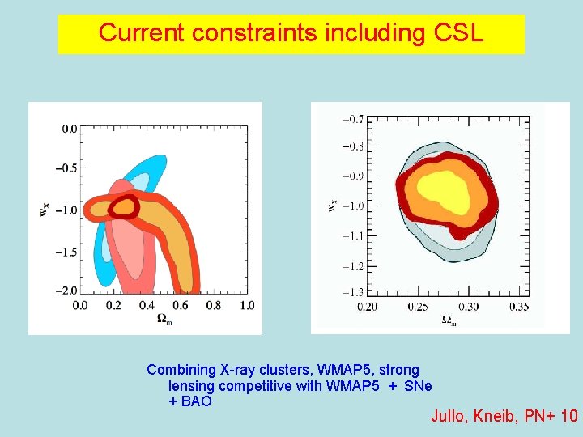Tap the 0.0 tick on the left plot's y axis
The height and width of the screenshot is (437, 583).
click(x=70, y=129)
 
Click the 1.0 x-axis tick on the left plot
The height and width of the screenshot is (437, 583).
click(x=247, y=305)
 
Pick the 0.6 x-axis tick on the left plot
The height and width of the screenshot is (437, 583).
click(x=180, y=305)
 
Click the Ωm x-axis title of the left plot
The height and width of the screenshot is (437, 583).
click(x=164, y=319)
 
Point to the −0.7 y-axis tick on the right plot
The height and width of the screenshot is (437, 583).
click(x=351, y=119)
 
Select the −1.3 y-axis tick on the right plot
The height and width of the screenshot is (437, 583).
click(x=351, y=292)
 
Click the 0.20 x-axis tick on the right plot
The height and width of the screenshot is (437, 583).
click(x=367, y=307)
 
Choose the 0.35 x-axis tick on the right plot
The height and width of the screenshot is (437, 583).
click(x=519, y=307)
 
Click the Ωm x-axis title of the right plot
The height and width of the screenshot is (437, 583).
click(x=448, y=320)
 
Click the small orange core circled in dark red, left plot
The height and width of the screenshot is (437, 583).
click(x=124, y=207)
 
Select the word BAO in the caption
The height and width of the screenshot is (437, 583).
click(x=195, y=401)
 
